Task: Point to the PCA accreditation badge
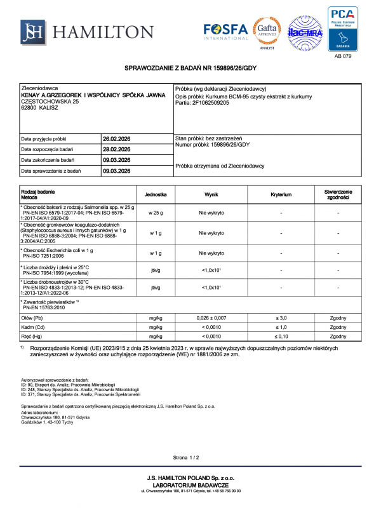(342, 29)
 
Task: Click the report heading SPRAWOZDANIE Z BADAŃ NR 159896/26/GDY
(190, 67)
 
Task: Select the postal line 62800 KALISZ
(41, 108)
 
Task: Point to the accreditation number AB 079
(342, 56)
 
